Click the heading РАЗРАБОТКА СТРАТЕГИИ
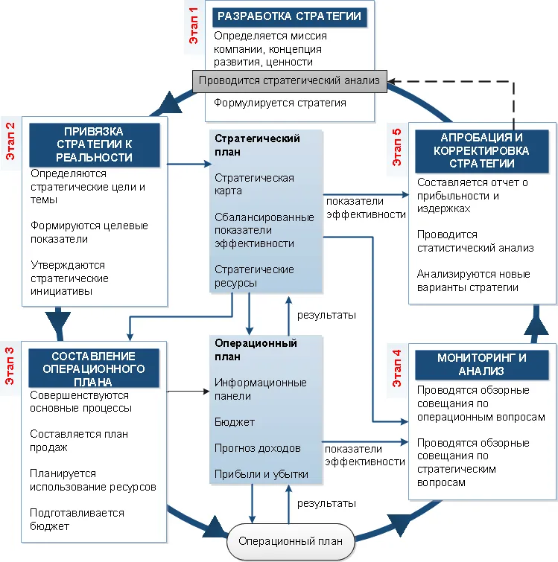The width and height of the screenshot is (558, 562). point(289,17)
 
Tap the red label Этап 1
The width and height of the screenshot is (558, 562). point(194,26)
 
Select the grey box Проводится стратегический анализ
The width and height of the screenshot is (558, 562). point(289,81)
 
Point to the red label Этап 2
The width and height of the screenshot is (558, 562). point(10,141)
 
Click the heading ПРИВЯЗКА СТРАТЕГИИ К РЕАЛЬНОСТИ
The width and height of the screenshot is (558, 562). point(95,144)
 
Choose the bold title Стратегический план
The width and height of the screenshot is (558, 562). point(257,145)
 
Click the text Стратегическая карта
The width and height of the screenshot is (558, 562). point(254,184)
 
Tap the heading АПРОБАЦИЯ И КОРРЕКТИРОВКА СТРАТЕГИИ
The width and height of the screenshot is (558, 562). point(481,150)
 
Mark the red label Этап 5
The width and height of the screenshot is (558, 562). point(396,147)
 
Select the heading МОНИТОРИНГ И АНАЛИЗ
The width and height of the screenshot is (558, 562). point(481,365)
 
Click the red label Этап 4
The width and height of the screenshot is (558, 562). point(396,368)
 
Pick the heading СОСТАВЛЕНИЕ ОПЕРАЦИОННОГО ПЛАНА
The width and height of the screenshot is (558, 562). point(94,368)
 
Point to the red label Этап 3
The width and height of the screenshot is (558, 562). point(10,366)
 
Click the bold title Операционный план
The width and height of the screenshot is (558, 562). point(256,350)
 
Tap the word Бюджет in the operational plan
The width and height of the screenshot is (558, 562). point(235,422)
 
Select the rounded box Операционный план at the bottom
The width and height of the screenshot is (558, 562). point(291,541)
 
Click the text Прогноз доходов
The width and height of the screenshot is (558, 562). point(258,448)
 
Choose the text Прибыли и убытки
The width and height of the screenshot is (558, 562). point(261,475)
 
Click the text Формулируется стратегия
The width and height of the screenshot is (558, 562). point(280,103)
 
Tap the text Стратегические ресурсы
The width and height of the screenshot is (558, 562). point(254,276)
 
